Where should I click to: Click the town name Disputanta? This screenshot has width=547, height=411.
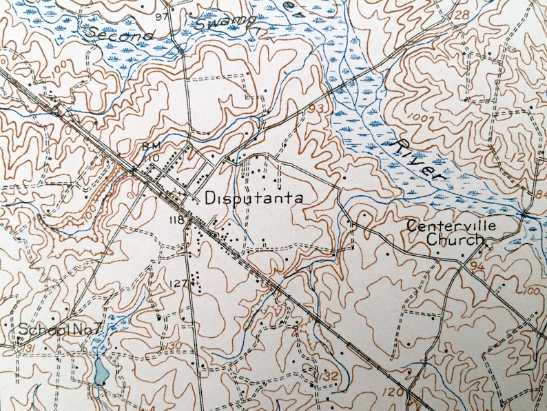(254, 198)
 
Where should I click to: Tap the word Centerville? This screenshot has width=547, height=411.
(451, 225)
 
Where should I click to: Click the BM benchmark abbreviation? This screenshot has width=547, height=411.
(150, 146)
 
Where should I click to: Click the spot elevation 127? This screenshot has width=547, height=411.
(178, 283)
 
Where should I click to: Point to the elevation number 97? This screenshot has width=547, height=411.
(162, 16)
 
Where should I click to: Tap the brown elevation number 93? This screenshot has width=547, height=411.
(317, 109)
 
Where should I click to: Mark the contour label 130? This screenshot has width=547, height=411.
(174, 345)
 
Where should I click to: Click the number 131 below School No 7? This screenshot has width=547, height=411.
(28, 348)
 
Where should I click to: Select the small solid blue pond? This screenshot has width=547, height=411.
(101, 372)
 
